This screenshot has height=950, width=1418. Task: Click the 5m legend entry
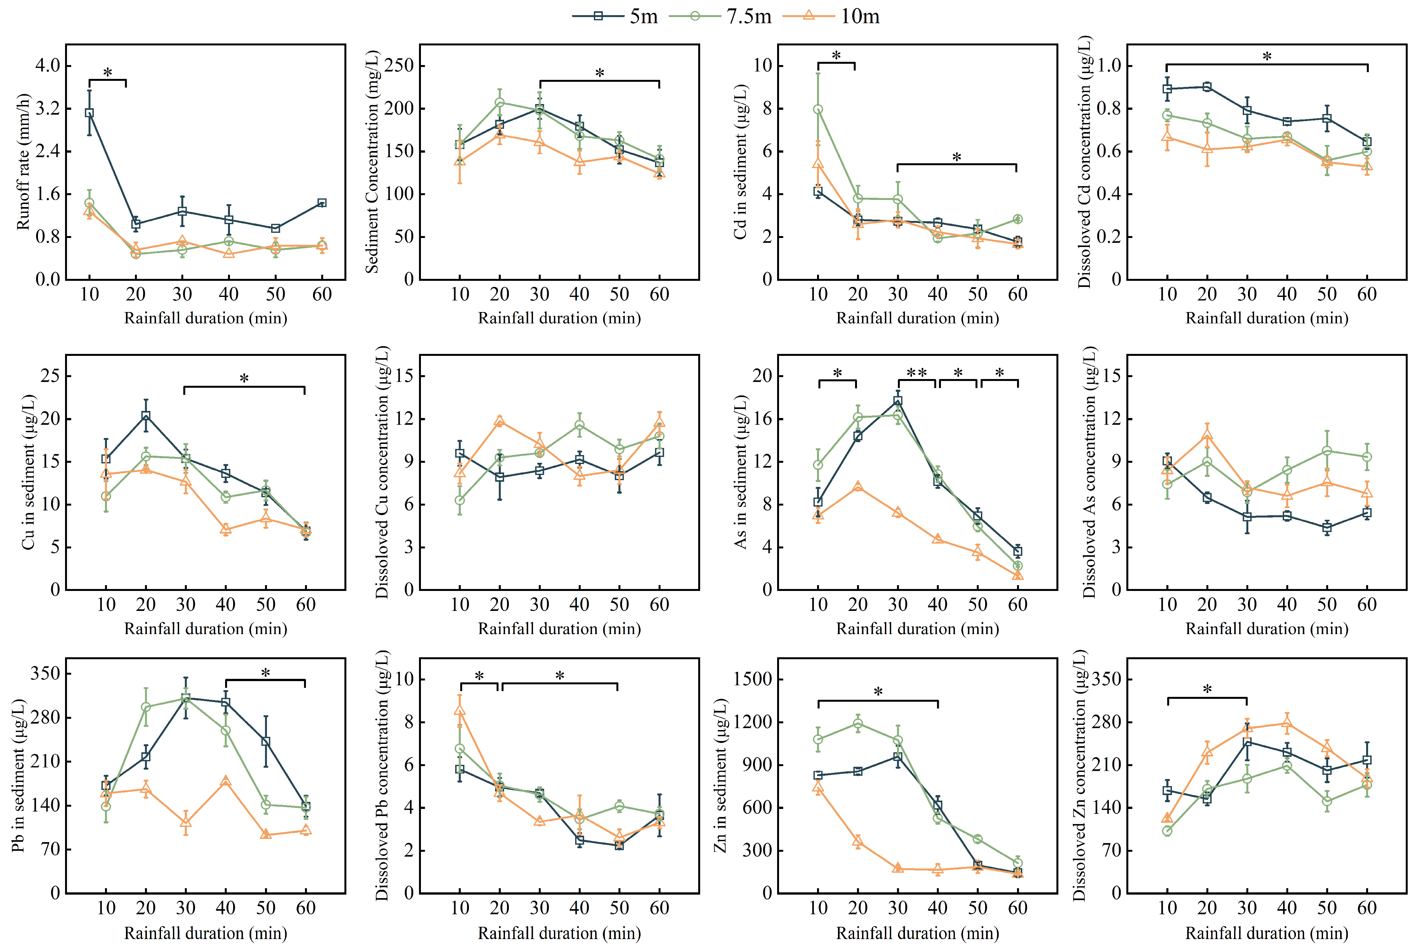pos(615,16)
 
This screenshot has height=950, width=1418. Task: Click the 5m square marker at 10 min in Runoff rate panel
pos(89,113)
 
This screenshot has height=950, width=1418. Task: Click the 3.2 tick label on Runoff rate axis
pos(48,109)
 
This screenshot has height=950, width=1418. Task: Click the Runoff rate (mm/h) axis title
pos(23,162)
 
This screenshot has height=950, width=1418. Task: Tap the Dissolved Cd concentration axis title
pos(1084,162)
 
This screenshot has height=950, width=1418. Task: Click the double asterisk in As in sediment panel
pos(917,372)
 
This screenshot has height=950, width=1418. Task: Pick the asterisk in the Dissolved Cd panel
pos(1267,56)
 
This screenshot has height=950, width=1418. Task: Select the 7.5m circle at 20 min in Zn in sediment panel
pos(858,723)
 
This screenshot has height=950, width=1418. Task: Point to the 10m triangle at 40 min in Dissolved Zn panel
pos(1287,723)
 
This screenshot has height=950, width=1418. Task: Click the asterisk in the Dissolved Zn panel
pos(1207,689)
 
